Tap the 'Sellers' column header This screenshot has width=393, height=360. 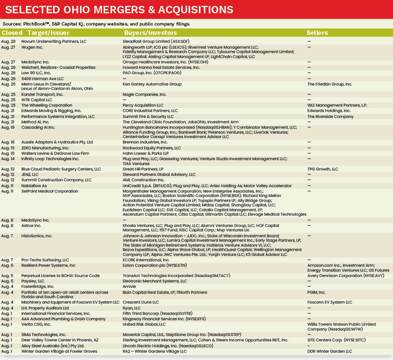point(317,32)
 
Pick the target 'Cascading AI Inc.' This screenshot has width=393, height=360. point(39,127)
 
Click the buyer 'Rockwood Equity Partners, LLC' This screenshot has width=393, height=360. point(152,148)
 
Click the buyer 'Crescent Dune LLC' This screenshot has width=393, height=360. point(141,302)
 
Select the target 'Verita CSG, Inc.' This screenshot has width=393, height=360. point(38,324)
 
